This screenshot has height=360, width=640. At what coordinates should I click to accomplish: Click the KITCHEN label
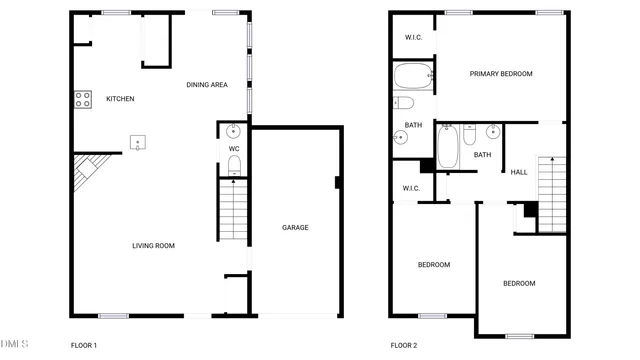click(x=120, y=99)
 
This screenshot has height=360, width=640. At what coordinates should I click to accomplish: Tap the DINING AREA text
click(x=207, y=85)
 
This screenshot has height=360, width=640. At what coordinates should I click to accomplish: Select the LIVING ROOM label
click(x=154, y=246)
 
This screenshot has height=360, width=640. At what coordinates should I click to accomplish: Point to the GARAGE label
click(x=295, y=228)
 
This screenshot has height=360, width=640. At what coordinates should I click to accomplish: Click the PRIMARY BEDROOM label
click(x=501, y=74)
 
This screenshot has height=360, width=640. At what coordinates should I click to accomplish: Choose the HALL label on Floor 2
click(x=519, y=173)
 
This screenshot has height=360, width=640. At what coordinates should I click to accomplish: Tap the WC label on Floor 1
click(x=234, y=149)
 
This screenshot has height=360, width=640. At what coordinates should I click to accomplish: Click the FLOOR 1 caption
click(x=83, y=346)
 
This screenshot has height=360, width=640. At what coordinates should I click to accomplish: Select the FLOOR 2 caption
click(x=402, y=346)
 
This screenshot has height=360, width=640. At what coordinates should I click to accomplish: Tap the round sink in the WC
click(x=234, y=130)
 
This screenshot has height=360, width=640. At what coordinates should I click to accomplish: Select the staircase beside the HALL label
click(x=553, y=193)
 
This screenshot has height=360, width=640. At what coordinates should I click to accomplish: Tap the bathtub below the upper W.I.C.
click(x=412, y=75)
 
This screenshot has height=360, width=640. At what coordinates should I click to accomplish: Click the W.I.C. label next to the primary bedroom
click(x=413, y=39)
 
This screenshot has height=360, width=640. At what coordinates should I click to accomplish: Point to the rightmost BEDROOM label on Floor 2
click(x=518, y=284)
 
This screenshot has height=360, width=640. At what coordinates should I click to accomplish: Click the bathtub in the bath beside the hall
click(x=448, y=147)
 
